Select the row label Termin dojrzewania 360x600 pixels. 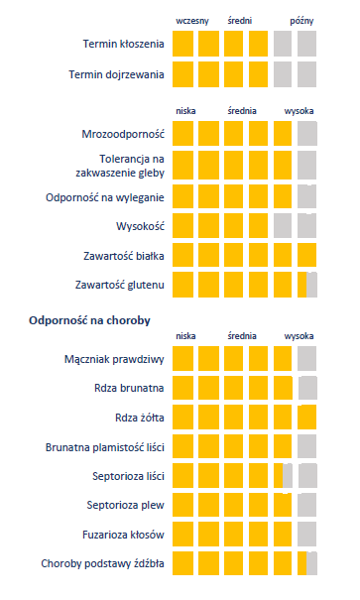pos(116,74)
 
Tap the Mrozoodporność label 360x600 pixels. pos(122,134)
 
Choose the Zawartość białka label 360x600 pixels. pos(123,256)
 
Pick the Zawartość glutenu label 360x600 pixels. pos(119,286)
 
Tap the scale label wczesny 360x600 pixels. pos(191,20)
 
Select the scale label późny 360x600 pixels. pos(302,20)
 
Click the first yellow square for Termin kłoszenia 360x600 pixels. pos(182,45)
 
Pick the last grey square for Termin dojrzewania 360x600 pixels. pos(306,74)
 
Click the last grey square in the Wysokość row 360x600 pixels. pos(306,226)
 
